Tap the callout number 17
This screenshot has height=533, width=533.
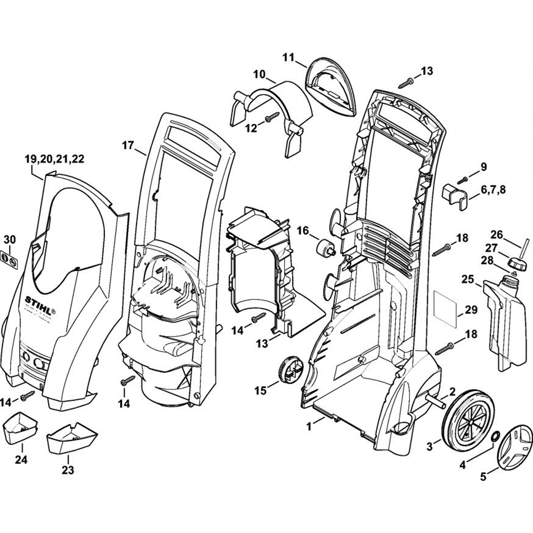(127, 145)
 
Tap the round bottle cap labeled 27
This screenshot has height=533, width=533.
(516, 263)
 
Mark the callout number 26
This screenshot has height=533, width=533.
(496, 234)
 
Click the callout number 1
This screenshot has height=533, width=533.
(308, 426)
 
